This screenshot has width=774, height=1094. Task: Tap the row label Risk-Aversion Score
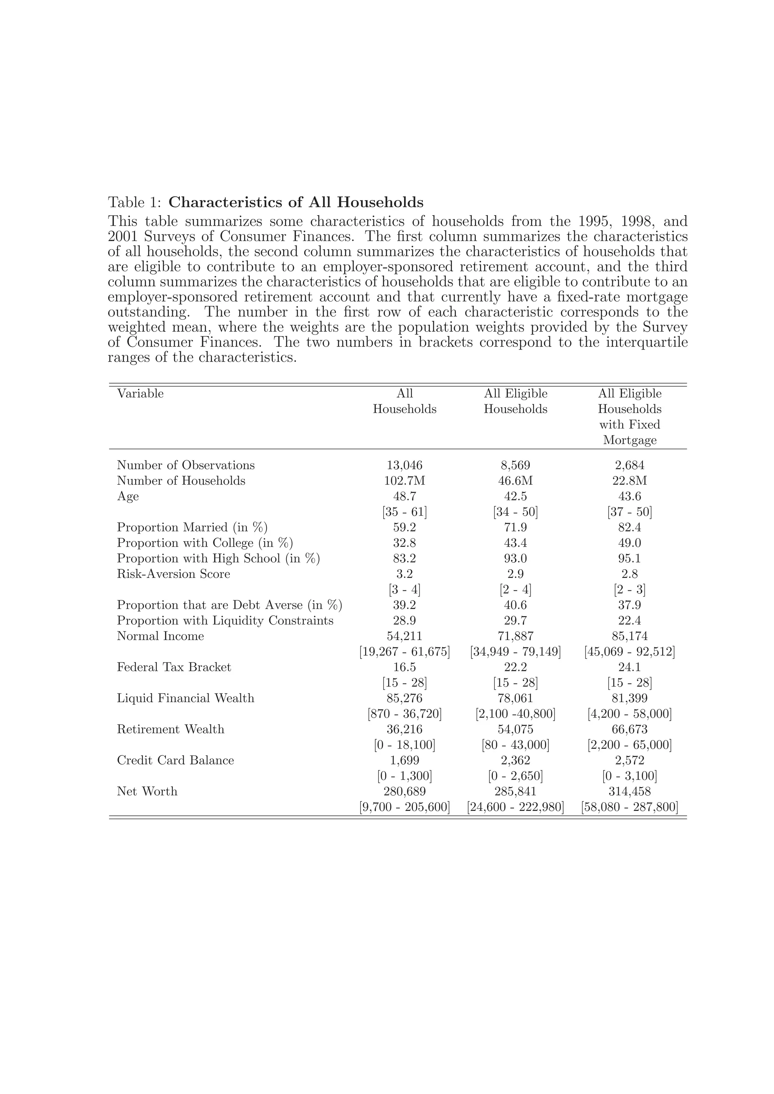(x=173, y=574)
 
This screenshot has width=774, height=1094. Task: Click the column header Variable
(x=140, y=394)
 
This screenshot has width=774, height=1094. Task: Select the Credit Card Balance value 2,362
(x=515, y=760)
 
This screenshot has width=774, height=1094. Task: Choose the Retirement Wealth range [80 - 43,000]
(x=515, y=745)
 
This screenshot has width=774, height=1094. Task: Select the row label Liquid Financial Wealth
(x=186, y=698)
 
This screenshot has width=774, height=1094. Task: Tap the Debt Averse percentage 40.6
(x=515, y=605)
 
